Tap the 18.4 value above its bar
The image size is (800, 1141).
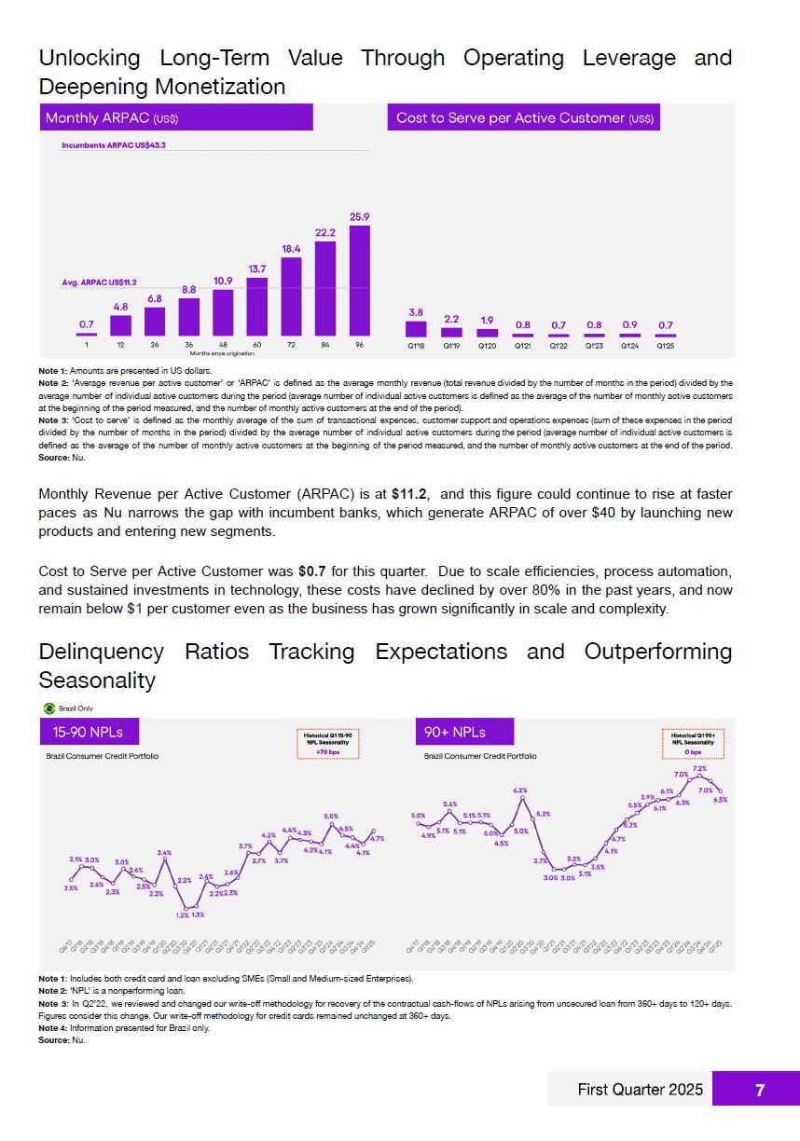291,249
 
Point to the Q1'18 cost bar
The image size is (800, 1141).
416,329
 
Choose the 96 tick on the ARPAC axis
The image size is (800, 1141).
359,345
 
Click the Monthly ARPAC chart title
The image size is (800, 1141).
112,118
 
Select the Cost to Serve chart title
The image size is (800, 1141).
524,118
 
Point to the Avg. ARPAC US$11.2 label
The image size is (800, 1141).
99,282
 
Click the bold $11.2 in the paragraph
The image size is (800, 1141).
408,494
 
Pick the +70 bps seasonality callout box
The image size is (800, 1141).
327,743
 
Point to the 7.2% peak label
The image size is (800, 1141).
698,769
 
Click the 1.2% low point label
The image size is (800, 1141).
182,914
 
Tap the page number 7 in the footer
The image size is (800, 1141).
760,1090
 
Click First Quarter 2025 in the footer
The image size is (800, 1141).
628,1090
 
